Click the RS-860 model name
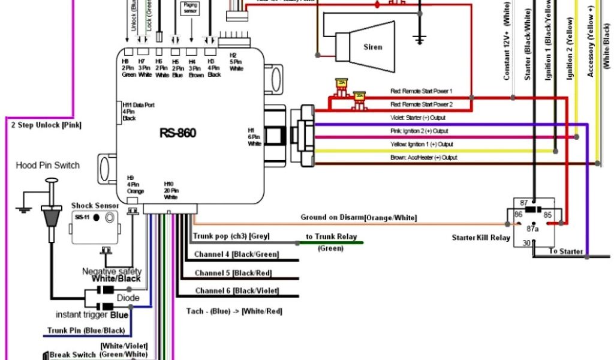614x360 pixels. [177, 133]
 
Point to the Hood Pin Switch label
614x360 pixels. [47, 166]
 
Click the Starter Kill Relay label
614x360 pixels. [481, 238]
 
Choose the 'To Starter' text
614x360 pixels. [565, 251]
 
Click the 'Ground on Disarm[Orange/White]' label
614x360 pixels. [359, 217]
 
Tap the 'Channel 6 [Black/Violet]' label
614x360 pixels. [237, 291]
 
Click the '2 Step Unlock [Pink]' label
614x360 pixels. [46, 125]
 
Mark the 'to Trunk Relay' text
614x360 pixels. [331, 237]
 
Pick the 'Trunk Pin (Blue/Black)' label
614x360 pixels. [86, 331]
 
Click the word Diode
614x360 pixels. [128, 298]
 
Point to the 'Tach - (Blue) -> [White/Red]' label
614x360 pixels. [234, 311]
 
